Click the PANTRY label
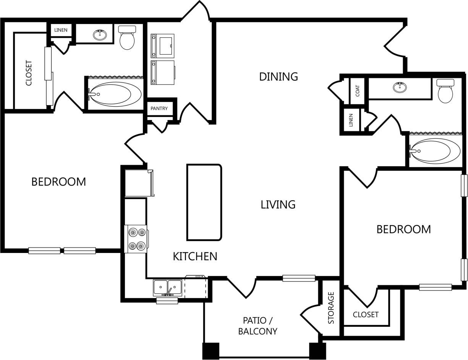[159, 109]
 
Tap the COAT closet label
[358, 91]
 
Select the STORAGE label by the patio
[331, 308]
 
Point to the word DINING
[278, 76]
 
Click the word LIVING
[278, 204]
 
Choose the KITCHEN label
[195, 256]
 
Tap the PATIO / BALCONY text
[258, 326]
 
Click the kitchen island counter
[204, 202]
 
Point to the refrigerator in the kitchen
[139, 183]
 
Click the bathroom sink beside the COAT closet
[400, 88]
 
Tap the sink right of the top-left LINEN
[100, 35]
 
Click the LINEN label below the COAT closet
[351, 120]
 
